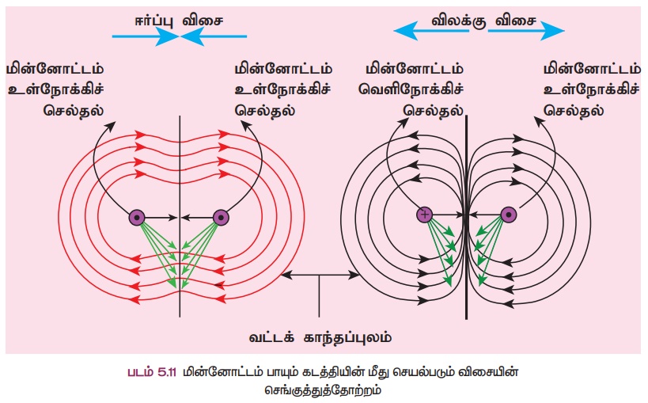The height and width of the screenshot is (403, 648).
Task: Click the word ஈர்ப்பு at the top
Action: pos(147,17)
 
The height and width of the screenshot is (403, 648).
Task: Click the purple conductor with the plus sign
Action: pos(425,215)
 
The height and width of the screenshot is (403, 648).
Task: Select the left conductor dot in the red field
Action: pos(137,216)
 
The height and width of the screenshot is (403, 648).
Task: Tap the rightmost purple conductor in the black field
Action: pos(509,215)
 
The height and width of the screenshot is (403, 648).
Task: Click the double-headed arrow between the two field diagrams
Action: pos(320,274)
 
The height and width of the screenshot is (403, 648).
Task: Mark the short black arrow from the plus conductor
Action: pos(449,215)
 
